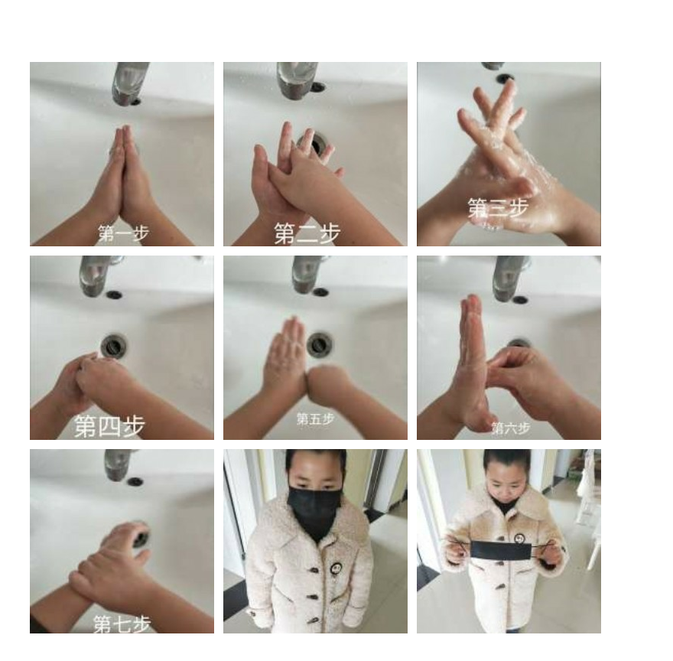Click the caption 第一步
tap(124, 233)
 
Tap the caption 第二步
tap(307, 233)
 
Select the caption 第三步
tap(498, 208)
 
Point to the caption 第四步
tap(110, 426)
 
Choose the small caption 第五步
tap(315, 418)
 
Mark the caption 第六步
tap(511, 428)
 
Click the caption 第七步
tap(122, 624)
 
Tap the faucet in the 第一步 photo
tap(130, 83)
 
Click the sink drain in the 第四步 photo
tap(114, 345)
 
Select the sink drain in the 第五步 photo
tap(319, 344)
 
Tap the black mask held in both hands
tap(502, 551)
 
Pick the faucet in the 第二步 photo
tap(297, 81)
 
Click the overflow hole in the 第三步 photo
tap(505, 78)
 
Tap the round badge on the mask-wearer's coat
tap(336, 568)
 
